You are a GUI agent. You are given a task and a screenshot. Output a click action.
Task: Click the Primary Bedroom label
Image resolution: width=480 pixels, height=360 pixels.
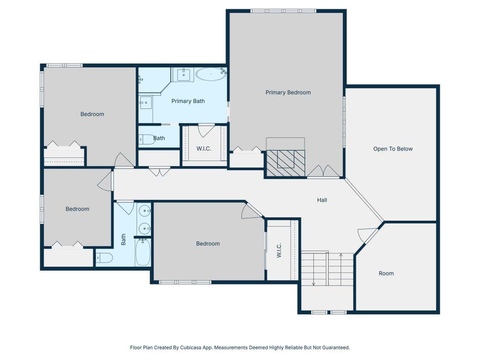pos(288,92)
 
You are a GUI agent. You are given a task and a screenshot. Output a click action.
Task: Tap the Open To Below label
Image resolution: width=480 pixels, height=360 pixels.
pos(393,149)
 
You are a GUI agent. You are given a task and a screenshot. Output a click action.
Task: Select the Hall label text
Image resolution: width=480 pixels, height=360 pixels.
pos(322,200)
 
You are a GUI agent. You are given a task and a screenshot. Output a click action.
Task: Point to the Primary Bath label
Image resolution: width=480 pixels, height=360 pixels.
pos(188,101)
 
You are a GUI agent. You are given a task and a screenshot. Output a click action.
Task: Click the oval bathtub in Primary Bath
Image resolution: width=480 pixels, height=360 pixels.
pos(210,75)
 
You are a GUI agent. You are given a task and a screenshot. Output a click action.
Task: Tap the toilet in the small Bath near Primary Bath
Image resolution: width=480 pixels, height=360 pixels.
pos(147,140)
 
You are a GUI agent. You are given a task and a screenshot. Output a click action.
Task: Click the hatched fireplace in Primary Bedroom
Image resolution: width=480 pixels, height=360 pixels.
pos(285,163)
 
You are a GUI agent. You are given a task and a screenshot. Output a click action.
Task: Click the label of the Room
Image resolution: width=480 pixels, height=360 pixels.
pos(386,273)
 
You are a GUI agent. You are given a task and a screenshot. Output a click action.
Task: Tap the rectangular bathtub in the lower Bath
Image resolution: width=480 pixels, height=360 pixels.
pos(143,252)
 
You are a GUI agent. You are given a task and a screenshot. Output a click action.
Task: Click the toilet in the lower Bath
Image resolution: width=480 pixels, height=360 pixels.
pos(105,258)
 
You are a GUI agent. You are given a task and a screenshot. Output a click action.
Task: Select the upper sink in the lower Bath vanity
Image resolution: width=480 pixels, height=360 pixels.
pos(144,211)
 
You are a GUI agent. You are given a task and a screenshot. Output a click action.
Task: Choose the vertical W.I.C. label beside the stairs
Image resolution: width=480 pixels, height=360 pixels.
pos(279,250)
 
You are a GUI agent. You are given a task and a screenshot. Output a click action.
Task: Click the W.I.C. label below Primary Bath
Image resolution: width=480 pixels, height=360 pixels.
pos(204,149)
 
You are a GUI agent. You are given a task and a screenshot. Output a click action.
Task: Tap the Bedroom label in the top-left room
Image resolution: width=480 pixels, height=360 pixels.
pos(92,114)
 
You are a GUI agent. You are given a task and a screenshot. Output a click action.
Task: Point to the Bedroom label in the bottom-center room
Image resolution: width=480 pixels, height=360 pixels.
pos(208,244)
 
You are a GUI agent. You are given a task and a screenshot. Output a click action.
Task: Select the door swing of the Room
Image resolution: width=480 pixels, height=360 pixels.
pos(367,235)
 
